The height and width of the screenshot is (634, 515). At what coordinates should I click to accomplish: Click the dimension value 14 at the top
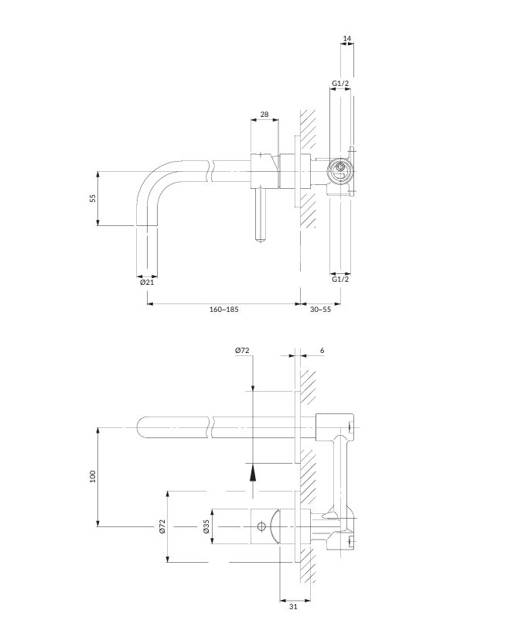347,39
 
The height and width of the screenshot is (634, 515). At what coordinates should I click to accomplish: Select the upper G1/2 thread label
340,84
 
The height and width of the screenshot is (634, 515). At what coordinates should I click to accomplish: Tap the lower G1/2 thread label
340,279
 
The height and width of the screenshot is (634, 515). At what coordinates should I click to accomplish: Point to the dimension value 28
264,115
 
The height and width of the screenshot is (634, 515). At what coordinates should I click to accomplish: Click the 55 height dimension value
93,198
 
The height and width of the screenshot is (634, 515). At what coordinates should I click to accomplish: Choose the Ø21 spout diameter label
147,283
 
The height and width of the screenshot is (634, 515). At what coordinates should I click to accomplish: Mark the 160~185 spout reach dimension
223,310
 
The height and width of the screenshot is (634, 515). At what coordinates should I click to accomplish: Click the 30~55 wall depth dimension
320,310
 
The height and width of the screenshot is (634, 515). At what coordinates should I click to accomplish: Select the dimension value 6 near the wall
322,350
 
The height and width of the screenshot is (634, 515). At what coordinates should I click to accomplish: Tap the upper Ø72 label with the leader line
242,350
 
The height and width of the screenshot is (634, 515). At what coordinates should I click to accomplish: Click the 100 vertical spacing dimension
93,476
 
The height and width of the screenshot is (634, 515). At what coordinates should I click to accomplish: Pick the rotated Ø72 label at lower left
162,526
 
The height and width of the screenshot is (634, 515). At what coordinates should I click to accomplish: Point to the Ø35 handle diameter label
206,526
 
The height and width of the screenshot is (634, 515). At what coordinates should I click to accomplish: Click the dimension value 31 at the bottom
293,606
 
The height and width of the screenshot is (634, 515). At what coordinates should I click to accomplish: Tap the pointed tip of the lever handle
261,242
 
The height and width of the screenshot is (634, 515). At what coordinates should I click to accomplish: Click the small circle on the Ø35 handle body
261,526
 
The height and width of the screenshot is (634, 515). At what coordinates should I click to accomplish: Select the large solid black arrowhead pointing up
253,472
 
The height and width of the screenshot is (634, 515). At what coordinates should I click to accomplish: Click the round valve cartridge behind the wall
340,170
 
